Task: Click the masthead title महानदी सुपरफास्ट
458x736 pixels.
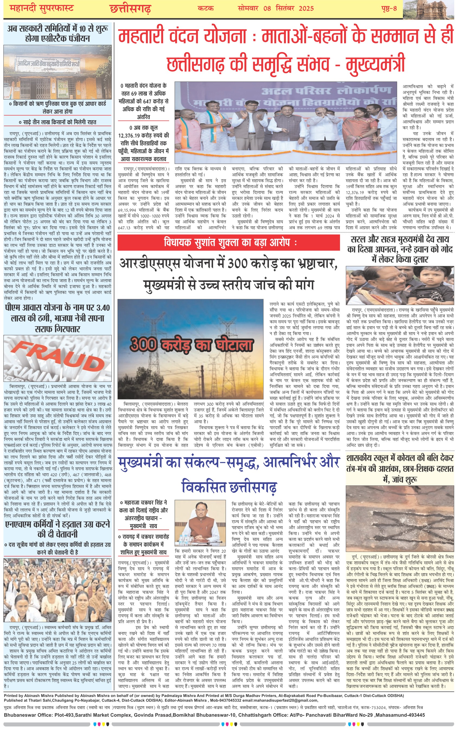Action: pyautogui.click(x=42, y=8)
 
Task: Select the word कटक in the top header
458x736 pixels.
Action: pyautogui.click(x=206, y=8)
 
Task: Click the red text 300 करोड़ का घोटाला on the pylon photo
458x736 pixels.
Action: pyautogui.click(x=191, y=345)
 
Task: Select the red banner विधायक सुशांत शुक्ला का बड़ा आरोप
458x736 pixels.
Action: pyautogui.click(x=229, y=242)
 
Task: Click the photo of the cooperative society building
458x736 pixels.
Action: pyautogui.click(x=58, y=72)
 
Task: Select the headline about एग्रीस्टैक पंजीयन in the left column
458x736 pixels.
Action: pyautogui.click(x=58, y=33)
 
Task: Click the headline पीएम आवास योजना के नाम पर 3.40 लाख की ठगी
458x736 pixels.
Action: pyautogui.click(x=58, y=318)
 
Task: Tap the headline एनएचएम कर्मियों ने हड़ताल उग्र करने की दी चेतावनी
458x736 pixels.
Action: pyautogui.click(x=58, y=529)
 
